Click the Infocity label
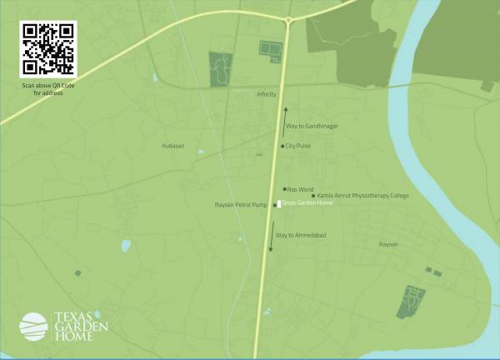pyautogui.click(x=266, y=94)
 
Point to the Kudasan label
pyautogui.click(x=172, y=146)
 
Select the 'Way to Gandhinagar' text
pyautogui.click(x=312, y=126)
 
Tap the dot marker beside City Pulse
pyautogui.click(x=282, y=146)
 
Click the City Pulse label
pyautogui.click(x=298, y=146)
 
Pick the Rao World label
pyautogui.click(x=299, y=189)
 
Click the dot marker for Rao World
pyautogui.click(x=284, y=189)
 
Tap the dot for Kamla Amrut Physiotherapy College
pyautogui.click(x=313, y=196)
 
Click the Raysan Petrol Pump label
pyautogui.click(x=241, y=204)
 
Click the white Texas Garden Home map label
pyautogui.click(x=307, y=202)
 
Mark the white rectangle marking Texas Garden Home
pyautogui.click(x=278, y=203)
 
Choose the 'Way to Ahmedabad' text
pyautogui.click(x=301, y=236)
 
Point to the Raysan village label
pyautogui.click(x=388, y=244)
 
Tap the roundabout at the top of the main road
pyautogui.click(x=288, y=19)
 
